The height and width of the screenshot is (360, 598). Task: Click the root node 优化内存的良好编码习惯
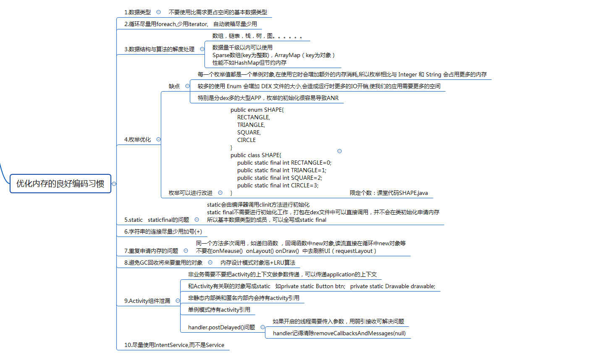(x=60, y=184)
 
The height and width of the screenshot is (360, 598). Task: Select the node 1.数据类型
(x=137, y=12)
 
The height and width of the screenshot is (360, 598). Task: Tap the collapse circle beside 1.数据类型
(x=158, y=12)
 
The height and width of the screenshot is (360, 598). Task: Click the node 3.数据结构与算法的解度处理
(x=159, y=49)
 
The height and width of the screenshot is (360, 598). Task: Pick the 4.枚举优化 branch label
(x=137, y=139)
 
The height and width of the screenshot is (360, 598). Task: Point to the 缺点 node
(x=174, y=86)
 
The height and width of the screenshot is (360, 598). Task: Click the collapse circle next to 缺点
(x=188, y=86)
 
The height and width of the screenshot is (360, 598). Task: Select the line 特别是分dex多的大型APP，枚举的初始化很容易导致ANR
(x=268, y=98)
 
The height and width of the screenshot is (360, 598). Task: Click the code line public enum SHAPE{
(x=257, y=110)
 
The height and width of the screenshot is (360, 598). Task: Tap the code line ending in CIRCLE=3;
(x=278, y=185)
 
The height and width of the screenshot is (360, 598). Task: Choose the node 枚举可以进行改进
(x=191, y=193)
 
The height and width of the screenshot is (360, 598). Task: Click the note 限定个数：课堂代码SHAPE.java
(x=388, y=193)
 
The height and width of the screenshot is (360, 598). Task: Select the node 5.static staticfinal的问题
(x=157, y=220)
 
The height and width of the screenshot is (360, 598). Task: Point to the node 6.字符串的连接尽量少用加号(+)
(x=163, y=231)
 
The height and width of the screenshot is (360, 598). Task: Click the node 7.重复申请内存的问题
(x=151, y=251)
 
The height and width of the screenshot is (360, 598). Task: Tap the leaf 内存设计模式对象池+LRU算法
(x=258, y=263)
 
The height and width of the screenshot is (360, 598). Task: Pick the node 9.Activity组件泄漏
(x=147, y=301)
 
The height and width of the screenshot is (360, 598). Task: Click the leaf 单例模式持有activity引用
(x=219, y=310)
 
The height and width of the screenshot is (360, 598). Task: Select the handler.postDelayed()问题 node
(x=221, y=327)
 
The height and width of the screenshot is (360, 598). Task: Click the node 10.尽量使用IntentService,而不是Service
(x=174, y=345)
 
